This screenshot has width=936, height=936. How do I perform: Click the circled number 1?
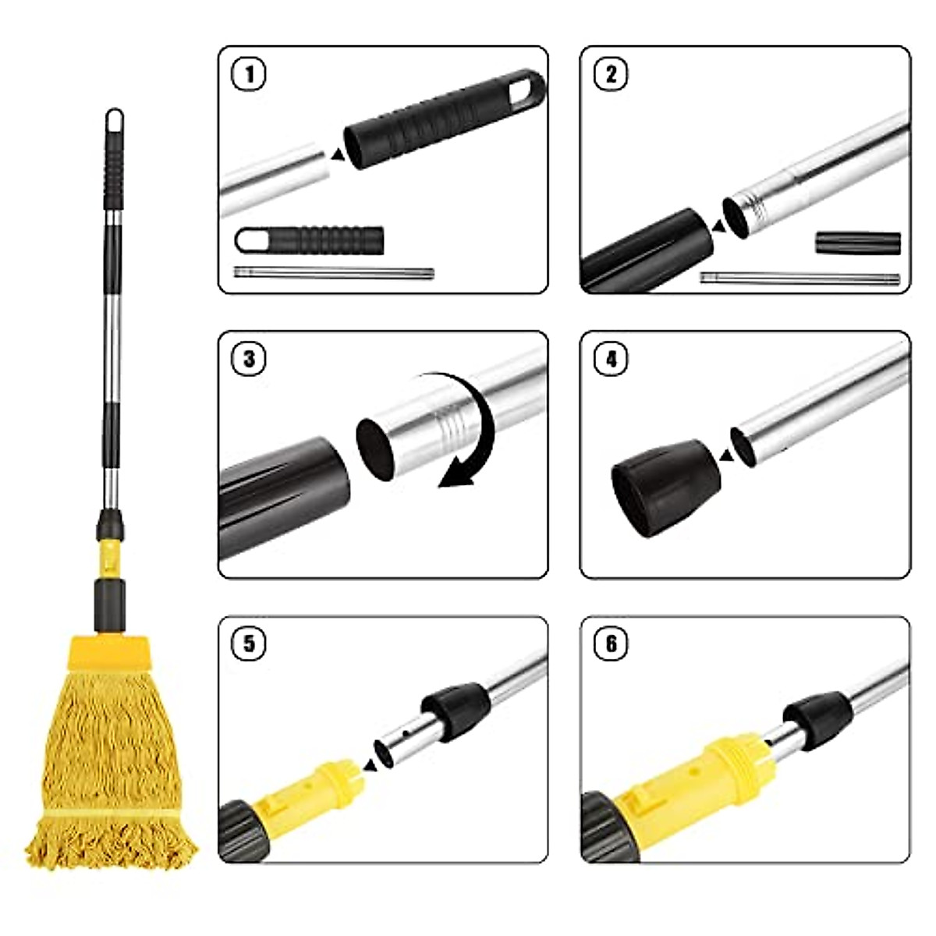click(x=250, y=75)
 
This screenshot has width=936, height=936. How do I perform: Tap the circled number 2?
click(x=611, y=75)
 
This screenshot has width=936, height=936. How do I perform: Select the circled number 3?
click(x=250, y=360)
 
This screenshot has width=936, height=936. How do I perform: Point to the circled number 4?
click(x=611, y=360)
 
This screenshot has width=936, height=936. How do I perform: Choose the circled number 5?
click(x=250, y=644)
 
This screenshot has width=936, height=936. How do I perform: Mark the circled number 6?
click(x=611, y=644)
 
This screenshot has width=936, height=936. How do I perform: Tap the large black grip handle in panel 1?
click(x=437, y=121)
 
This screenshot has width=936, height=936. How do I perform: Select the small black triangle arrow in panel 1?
click(x=336, y=156)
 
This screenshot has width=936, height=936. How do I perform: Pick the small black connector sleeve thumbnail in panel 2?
click(x=858, y=243)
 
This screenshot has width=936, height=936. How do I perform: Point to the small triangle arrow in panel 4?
click(x=725, y=455)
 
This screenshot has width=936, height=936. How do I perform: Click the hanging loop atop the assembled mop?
click(x=115, y=121)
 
